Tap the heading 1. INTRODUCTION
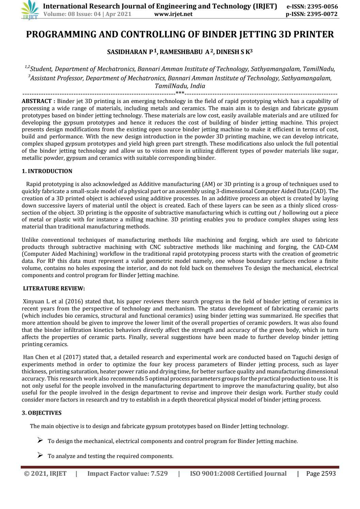click(x=47, y=171)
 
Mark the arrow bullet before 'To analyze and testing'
click(x=40, y=455)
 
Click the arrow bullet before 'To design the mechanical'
click(x=40, y=441)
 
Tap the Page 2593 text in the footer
click(x=321, y=474)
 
